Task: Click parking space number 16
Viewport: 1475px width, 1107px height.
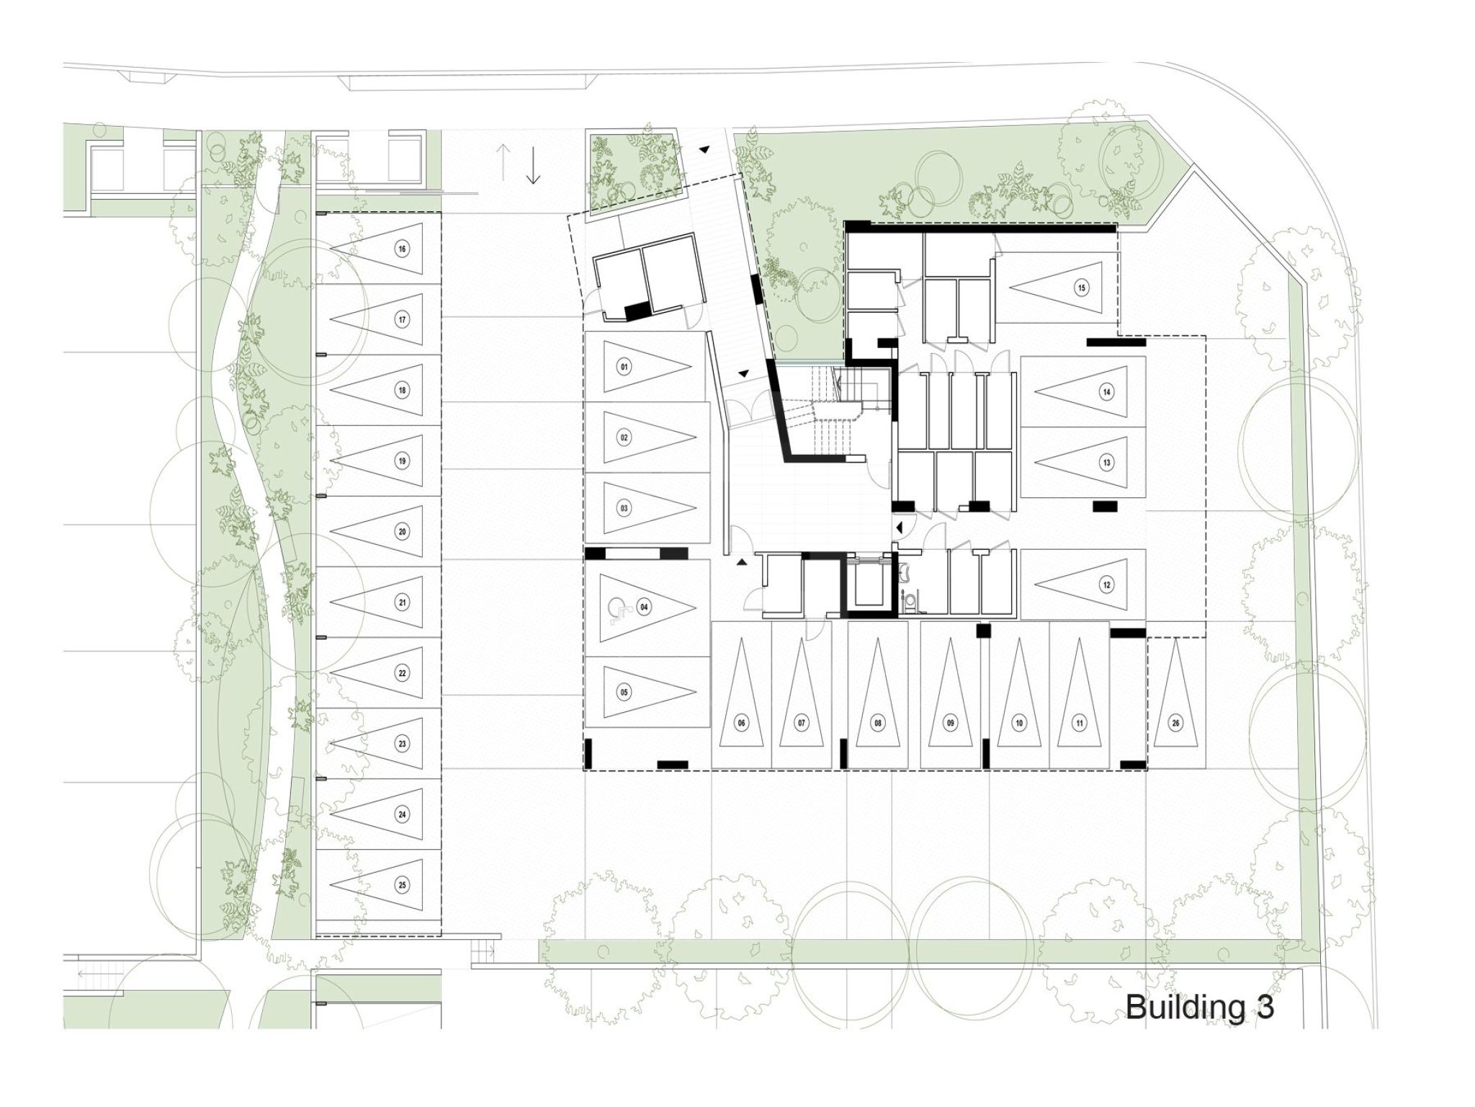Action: click(402, 249)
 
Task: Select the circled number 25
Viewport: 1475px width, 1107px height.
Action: click(402, 885)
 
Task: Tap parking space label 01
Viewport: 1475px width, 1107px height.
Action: click(624, 368)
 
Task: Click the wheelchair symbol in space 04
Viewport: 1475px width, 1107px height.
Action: click(619, 610)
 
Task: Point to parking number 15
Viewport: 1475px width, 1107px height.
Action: click(1080, 288)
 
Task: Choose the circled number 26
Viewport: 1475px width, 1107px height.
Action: click(1176, 723)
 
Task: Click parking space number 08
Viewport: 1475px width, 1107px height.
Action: click(877, 723)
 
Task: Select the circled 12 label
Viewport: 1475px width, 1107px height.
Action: click(1106, 584)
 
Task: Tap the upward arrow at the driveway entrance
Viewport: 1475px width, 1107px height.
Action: click(503, 162)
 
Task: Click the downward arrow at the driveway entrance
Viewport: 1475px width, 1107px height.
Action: click(533, 166)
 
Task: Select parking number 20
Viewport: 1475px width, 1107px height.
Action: click(402, 532)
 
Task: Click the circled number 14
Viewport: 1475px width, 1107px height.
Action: click(1106, 393)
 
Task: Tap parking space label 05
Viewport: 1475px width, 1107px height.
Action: click(624, 693)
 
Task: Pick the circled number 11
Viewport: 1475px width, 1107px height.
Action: click(1079, 723)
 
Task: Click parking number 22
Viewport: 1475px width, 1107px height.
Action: click(402, 673)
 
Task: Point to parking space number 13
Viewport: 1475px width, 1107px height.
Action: click(1106, 463)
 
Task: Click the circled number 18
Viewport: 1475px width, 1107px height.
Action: click(402, 391)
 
